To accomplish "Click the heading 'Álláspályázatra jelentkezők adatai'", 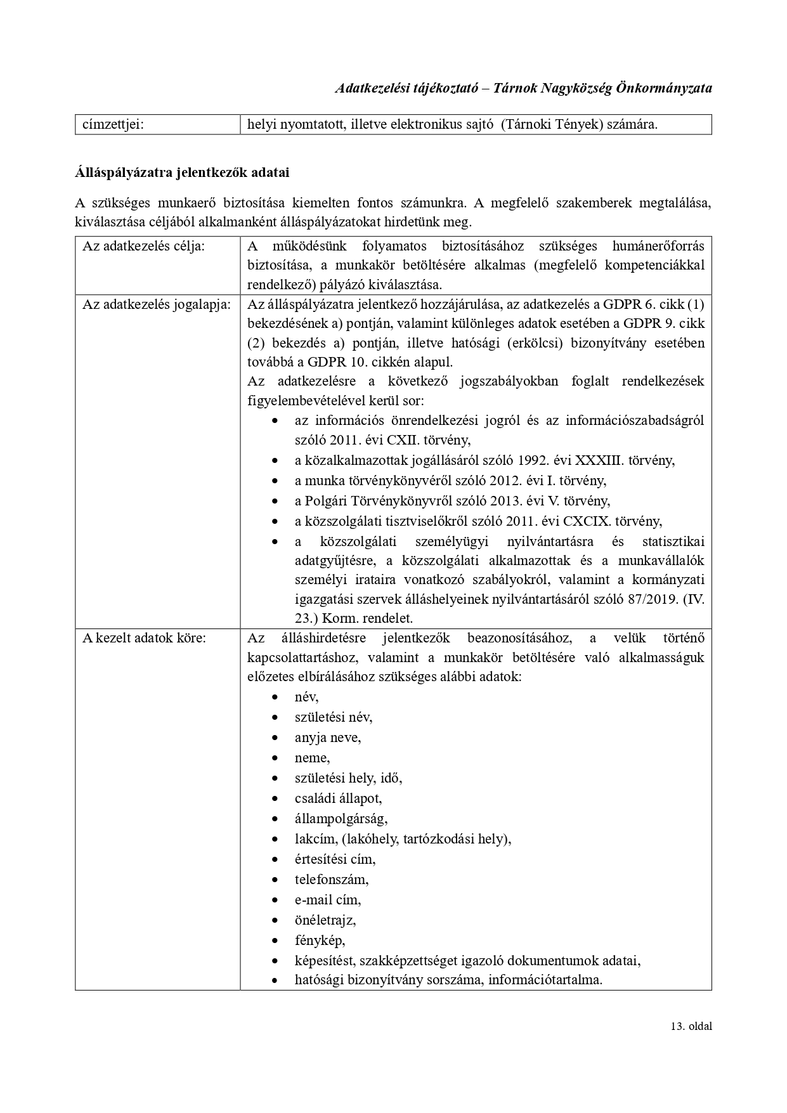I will point(182,172).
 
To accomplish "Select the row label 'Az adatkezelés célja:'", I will point(143,246).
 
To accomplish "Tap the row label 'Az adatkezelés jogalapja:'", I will point(156,304).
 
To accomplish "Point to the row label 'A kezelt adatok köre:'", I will point(144,637).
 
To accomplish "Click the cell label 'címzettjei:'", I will point(113,124).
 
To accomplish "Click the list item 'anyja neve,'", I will point(327,738).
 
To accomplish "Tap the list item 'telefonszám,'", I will point(331,880).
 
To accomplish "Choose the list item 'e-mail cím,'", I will point(327,900).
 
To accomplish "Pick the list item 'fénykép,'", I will point(320,941).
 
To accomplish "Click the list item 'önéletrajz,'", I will point(325,920).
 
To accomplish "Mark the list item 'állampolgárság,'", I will point(341,819).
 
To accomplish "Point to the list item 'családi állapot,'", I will point(338,798).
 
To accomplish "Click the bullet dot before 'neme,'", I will point(275,758).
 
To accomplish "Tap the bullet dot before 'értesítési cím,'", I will point(275,860).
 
